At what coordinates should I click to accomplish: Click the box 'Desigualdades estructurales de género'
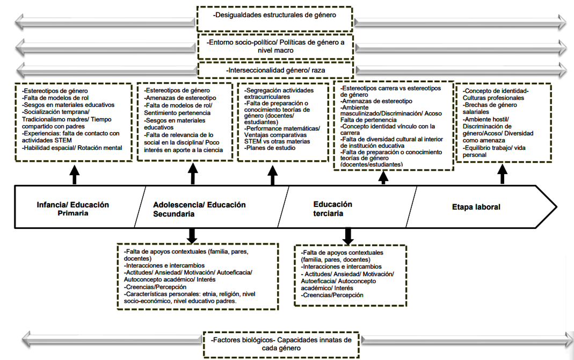click(275, 15)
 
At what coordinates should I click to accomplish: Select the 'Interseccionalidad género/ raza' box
click(275, 70)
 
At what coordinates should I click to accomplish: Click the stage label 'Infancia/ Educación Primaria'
click(73, 209)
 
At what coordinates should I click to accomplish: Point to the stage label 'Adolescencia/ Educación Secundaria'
click(199, 209)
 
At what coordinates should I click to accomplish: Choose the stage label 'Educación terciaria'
click(333, 208)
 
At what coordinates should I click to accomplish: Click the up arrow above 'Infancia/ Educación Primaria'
click(74, 174)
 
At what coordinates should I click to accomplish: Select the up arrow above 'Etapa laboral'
click(503, 174)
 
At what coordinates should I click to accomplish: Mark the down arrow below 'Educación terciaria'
click(348, 235)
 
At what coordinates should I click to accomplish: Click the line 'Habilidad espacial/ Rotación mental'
click(72, 148)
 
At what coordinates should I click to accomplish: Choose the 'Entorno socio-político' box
click(275, 46)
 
